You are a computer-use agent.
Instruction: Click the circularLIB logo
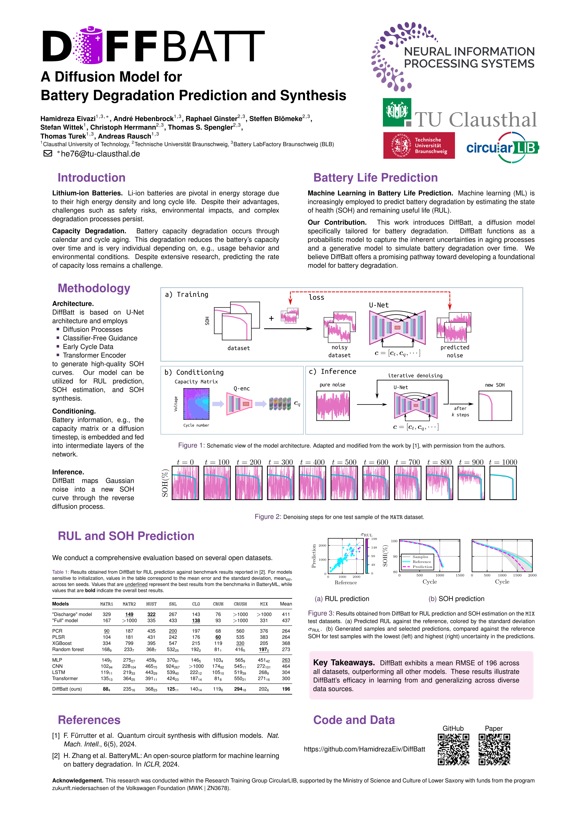point(502,147)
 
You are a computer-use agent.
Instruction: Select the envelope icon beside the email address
point(48,154)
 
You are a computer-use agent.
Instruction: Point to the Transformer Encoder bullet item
point(94,355)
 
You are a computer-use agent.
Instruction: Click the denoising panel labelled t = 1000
point(503,483)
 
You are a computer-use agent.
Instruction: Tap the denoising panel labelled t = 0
point(185,483)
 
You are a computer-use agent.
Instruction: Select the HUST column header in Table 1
point(151,604)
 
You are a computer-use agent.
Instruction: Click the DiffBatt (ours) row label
point(67,689)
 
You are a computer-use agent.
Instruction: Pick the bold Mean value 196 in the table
point(286,689)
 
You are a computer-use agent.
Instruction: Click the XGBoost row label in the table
point(62,643)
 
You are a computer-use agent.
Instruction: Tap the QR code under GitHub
point(453,749)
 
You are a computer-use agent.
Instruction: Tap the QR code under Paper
point(494,749)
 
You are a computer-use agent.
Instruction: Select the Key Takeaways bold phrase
point(344,663)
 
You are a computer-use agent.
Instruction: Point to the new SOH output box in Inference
point(495,405)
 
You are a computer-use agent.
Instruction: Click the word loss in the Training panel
point(317,297)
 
